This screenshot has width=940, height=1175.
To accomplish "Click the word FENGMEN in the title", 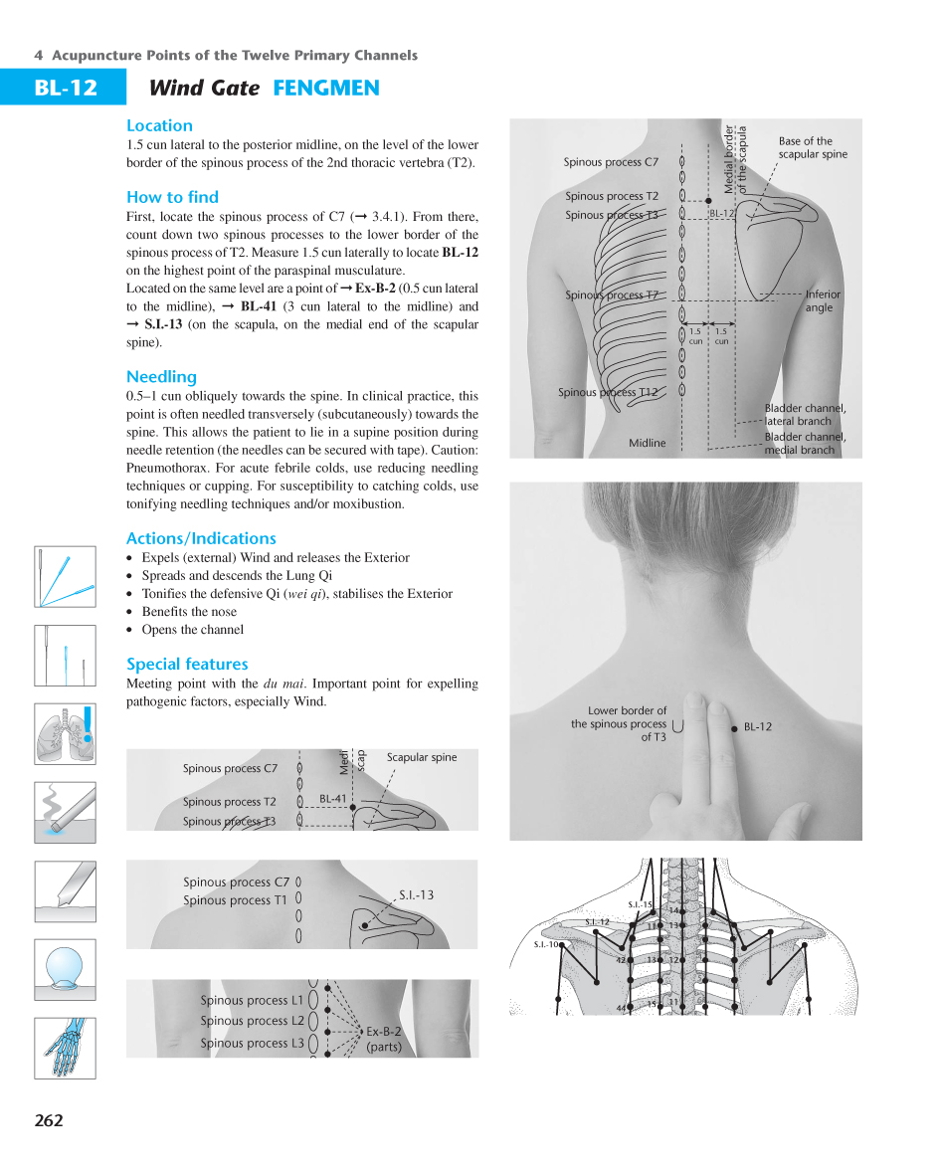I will coord(326,88).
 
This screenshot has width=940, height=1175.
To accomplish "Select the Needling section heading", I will coord(161,377).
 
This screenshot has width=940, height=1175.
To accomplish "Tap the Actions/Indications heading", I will coord(201,538).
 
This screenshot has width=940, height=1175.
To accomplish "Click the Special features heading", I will coord(187,665).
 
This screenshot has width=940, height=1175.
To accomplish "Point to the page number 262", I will coord(49,1120).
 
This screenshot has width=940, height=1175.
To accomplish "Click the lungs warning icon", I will coord(65,734).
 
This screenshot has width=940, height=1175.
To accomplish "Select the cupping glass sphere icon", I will coord(65,968).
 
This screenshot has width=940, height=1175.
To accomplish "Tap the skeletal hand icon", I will coord(65,1047).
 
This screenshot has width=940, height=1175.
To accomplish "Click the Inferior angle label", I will coord(822,300).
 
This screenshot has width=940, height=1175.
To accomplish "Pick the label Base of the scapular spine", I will coord(812,147).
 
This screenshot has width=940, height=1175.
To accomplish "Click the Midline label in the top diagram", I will coord(648,443).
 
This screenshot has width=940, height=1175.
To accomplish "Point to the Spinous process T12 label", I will coord(607,392).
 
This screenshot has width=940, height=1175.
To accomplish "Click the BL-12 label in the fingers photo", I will coord(758,727).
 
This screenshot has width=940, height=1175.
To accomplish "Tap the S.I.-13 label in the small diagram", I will coord(416,895).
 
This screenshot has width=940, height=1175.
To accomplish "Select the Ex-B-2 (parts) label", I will coord(384,1039).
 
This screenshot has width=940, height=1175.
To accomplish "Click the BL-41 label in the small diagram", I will coord(333,799).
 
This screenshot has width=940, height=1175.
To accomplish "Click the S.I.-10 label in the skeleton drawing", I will coord(547,944).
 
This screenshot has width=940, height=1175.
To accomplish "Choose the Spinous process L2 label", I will coord(252,1021).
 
